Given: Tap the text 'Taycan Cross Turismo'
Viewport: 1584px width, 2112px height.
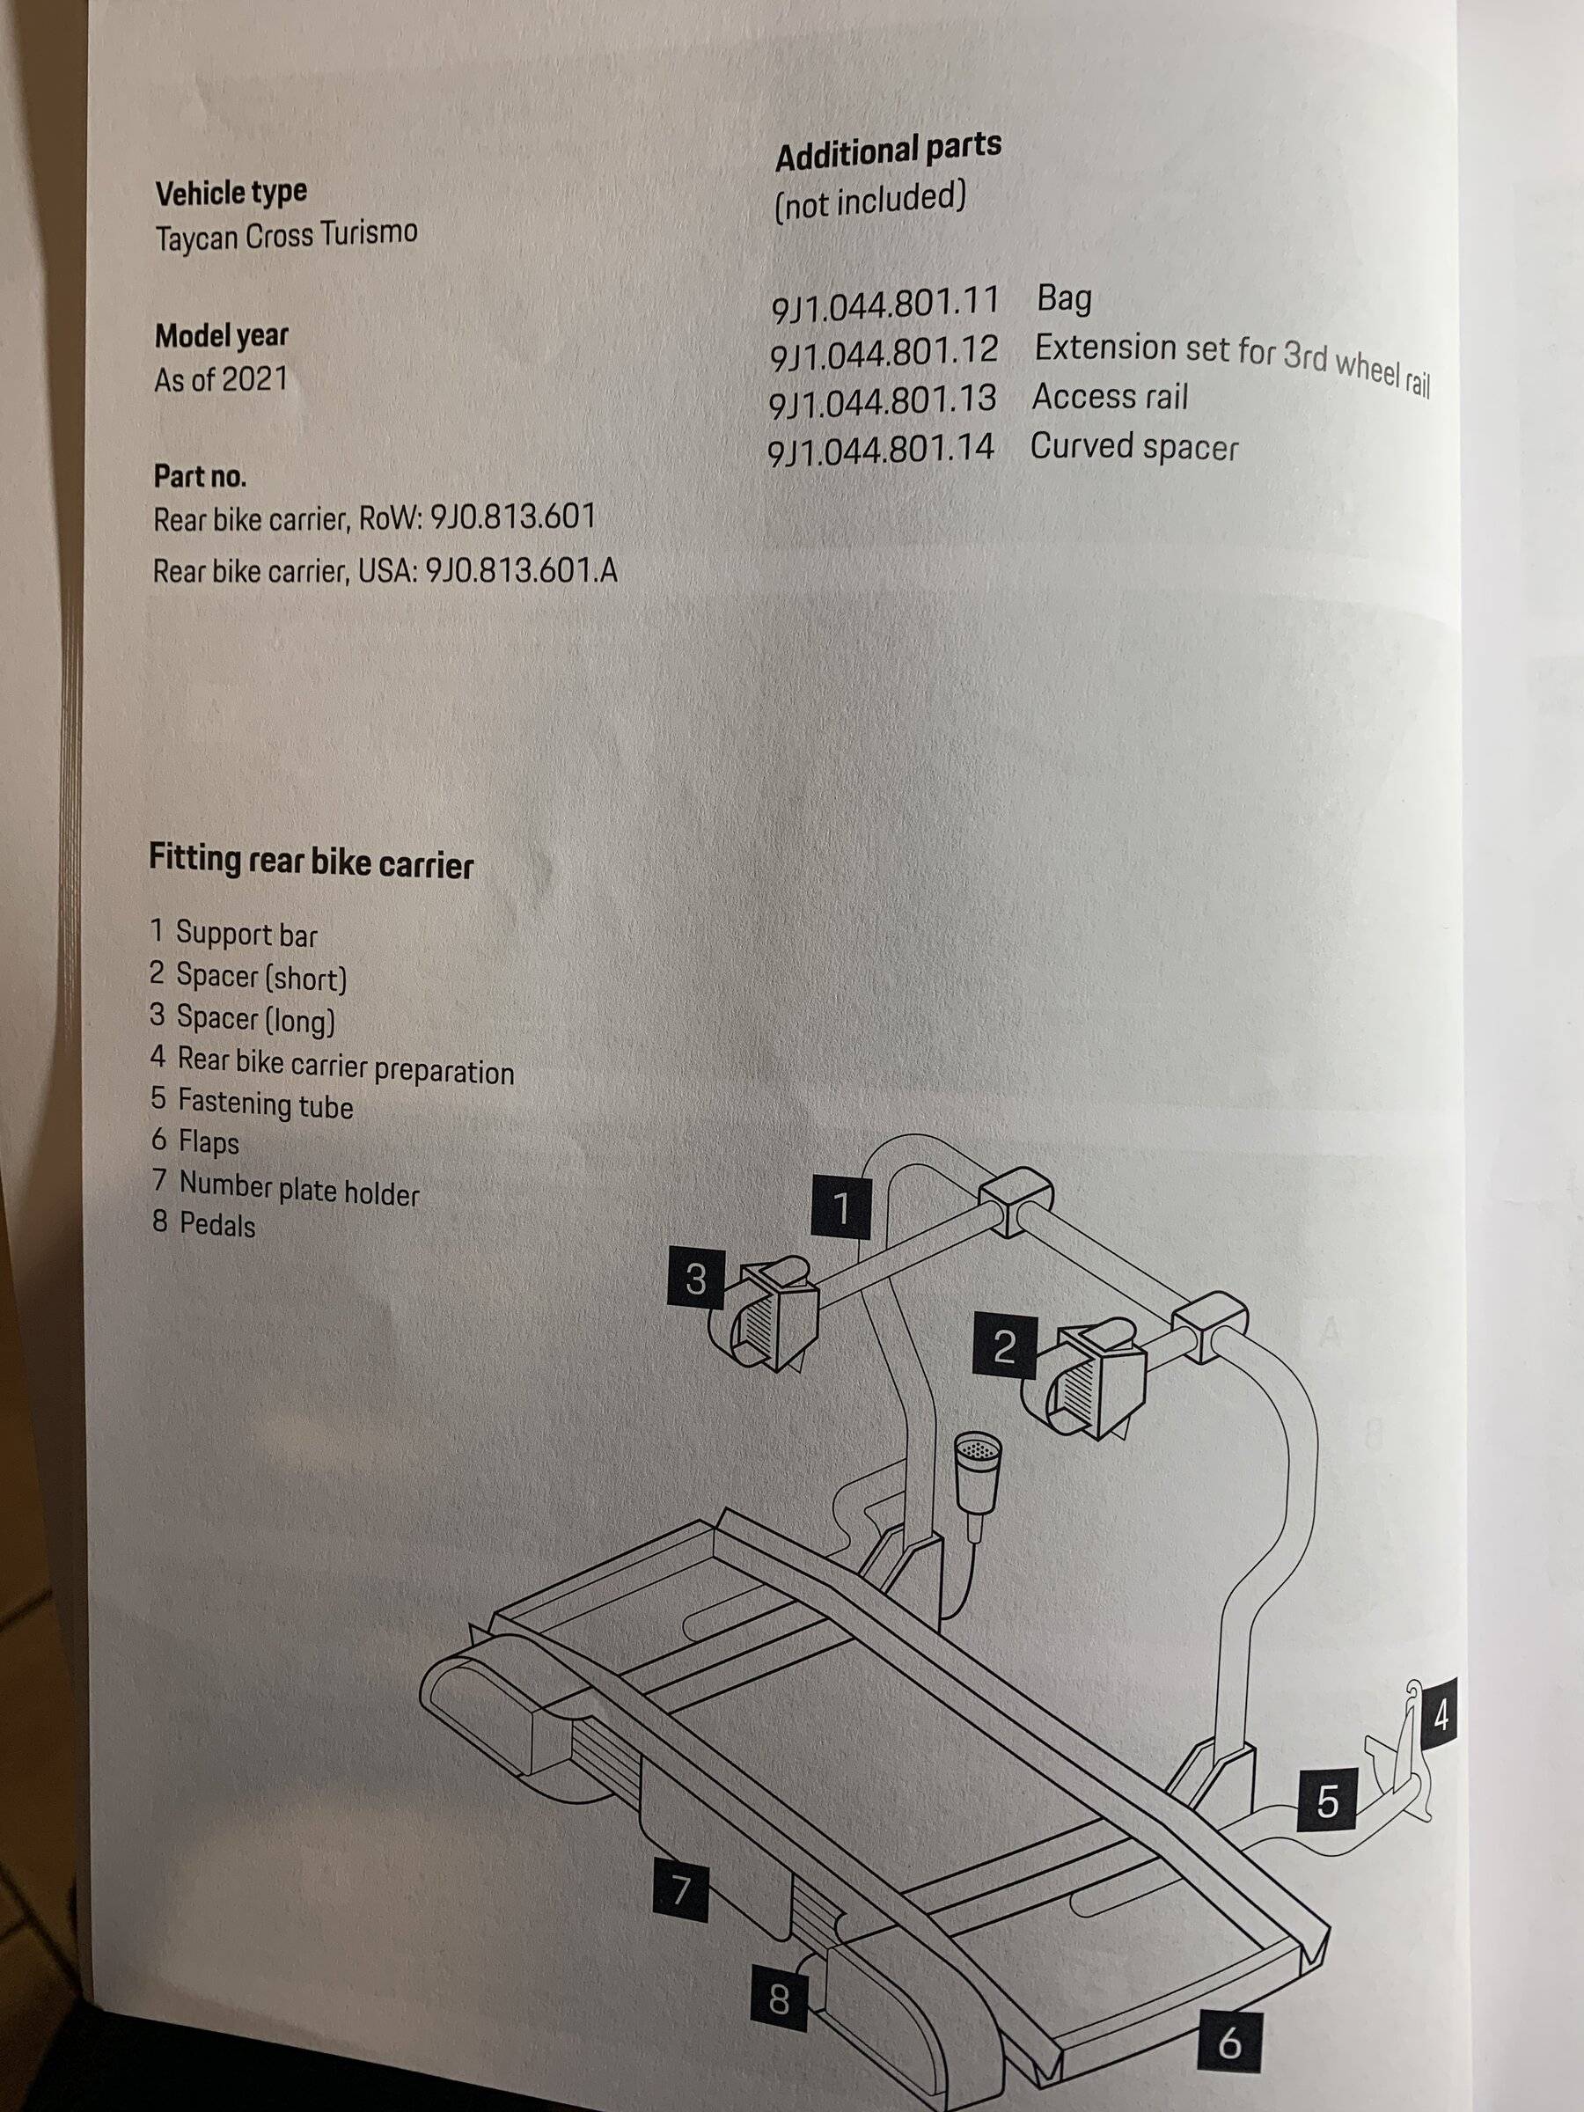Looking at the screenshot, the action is click(x=286, y=235).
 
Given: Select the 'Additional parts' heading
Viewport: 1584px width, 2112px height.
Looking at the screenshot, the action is click(x=888, y=152).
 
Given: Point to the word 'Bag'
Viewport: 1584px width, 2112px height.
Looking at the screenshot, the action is click(x=1064, y=299).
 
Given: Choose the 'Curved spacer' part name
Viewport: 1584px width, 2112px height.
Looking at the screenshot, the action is click(x=1134, y=447).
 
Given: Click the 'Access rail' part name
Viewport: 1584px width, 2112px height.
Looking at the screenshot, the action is click(x=1111, y=396).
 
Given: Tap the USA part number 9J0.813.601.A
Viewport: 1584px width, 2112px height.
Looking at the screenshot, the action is click(x=521, y=571).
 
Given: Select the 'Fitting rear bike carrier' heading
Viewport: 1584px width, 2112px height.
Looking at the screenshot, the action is click(x=312, y=862).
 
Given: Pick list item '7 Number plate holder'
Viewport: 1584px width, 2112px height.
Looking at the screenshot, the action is click(x=285, y=1189).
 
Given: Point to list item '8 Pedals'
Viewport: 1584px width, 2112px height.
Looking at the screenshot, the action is click(x=203, y=1224).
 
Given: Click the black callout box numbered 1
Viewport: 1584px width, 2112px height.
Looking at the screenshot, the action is click(x=841, y=1209).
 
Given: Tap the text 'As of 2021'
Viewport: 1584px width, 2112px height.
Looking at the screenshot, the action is click(x=221, y=379).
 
